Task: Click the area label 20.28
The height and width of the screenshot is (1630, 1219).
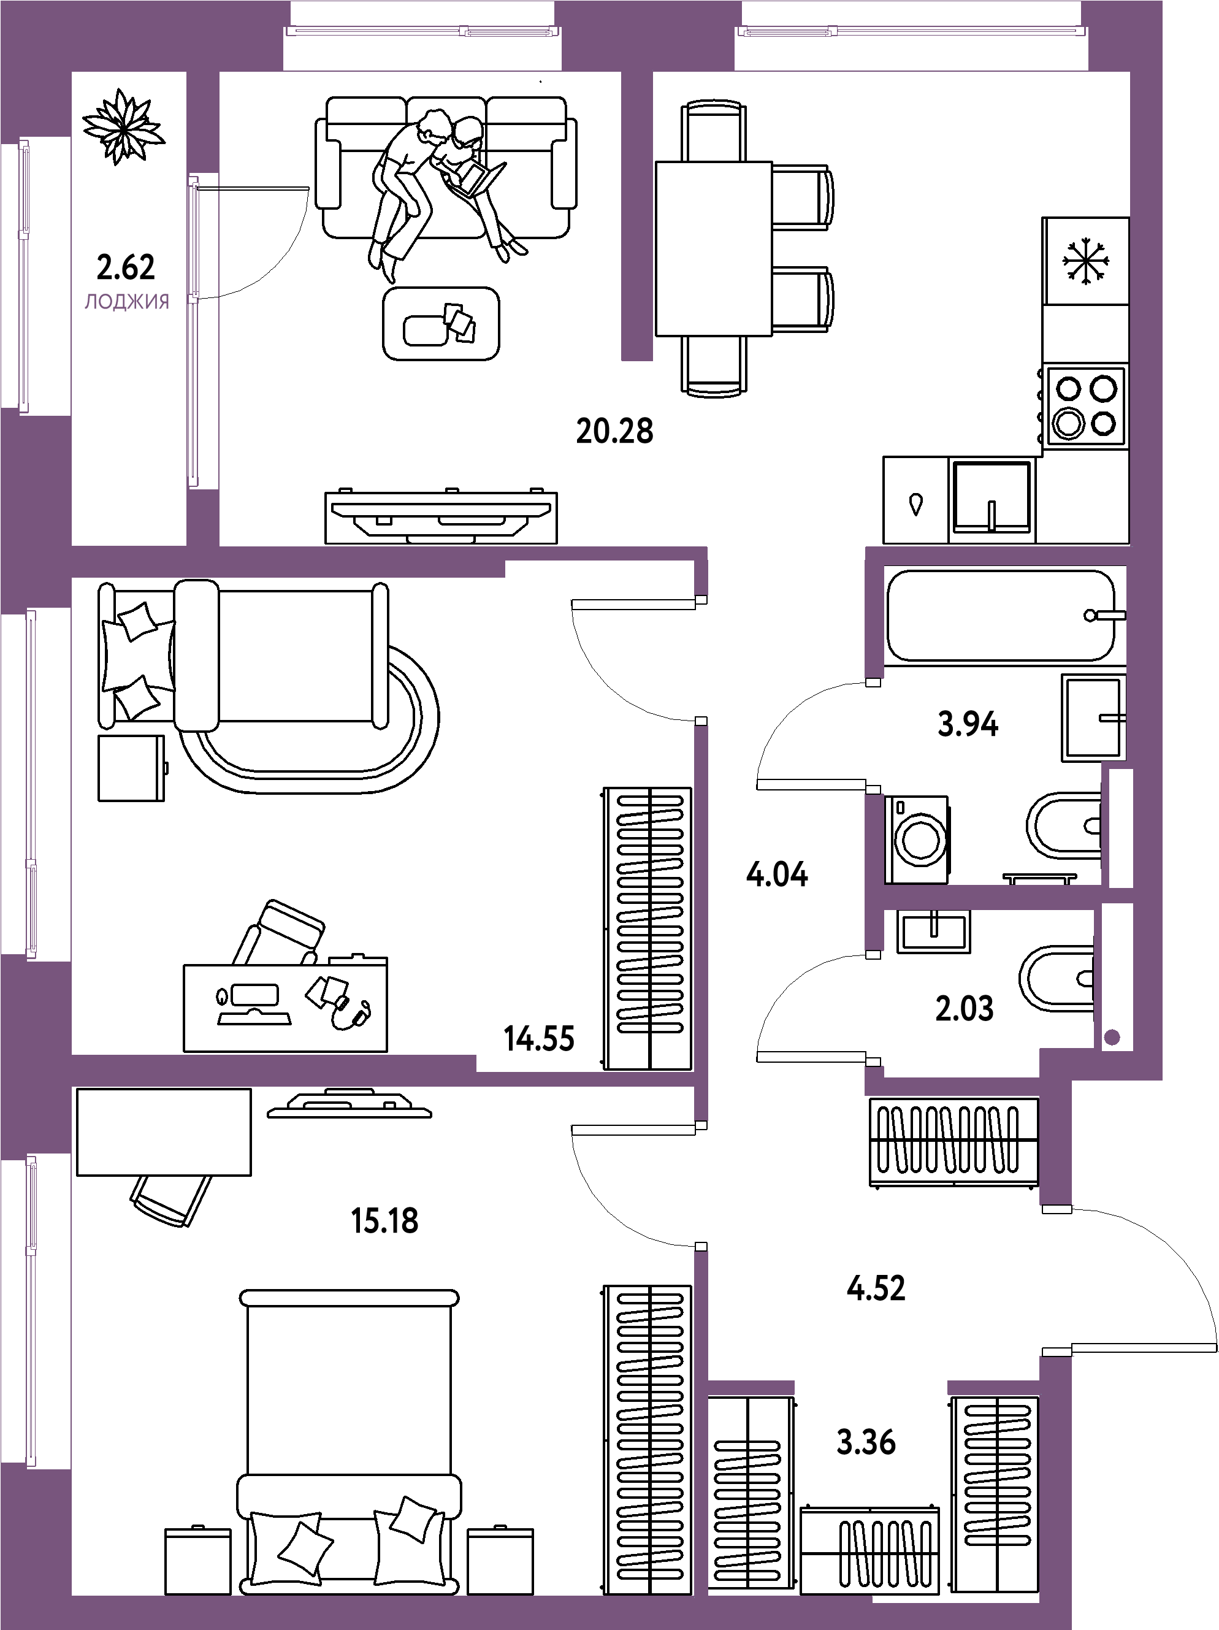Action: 614,432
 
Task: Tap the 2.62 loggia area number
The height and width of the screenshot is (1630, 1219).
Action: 126,267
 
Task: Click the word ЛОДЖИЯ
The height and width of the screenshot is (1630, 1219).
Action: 128,302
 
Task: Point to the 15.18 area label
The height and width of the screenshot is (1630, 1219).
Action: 386,1221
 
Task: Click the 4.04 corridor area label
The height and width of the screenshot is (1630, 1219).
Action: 777,876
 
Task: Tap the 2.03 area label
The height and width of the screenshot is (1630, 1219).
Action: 964,1008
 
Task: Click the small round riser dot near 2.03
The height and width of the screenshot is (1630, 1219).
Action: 1112,1038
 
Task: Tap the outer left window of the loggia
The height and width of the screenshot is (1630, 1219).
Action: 25,274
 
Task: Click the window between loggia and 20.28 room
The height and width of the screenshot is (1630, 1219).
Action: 194,330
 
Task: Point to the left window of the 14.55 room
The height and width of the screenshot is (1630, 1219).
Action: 31,784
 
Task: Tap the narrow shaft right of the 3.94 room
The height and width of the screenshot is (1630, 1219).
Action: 1120,827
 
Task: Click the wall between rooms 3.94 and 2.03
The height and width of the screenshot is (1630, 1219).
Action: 988,897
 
